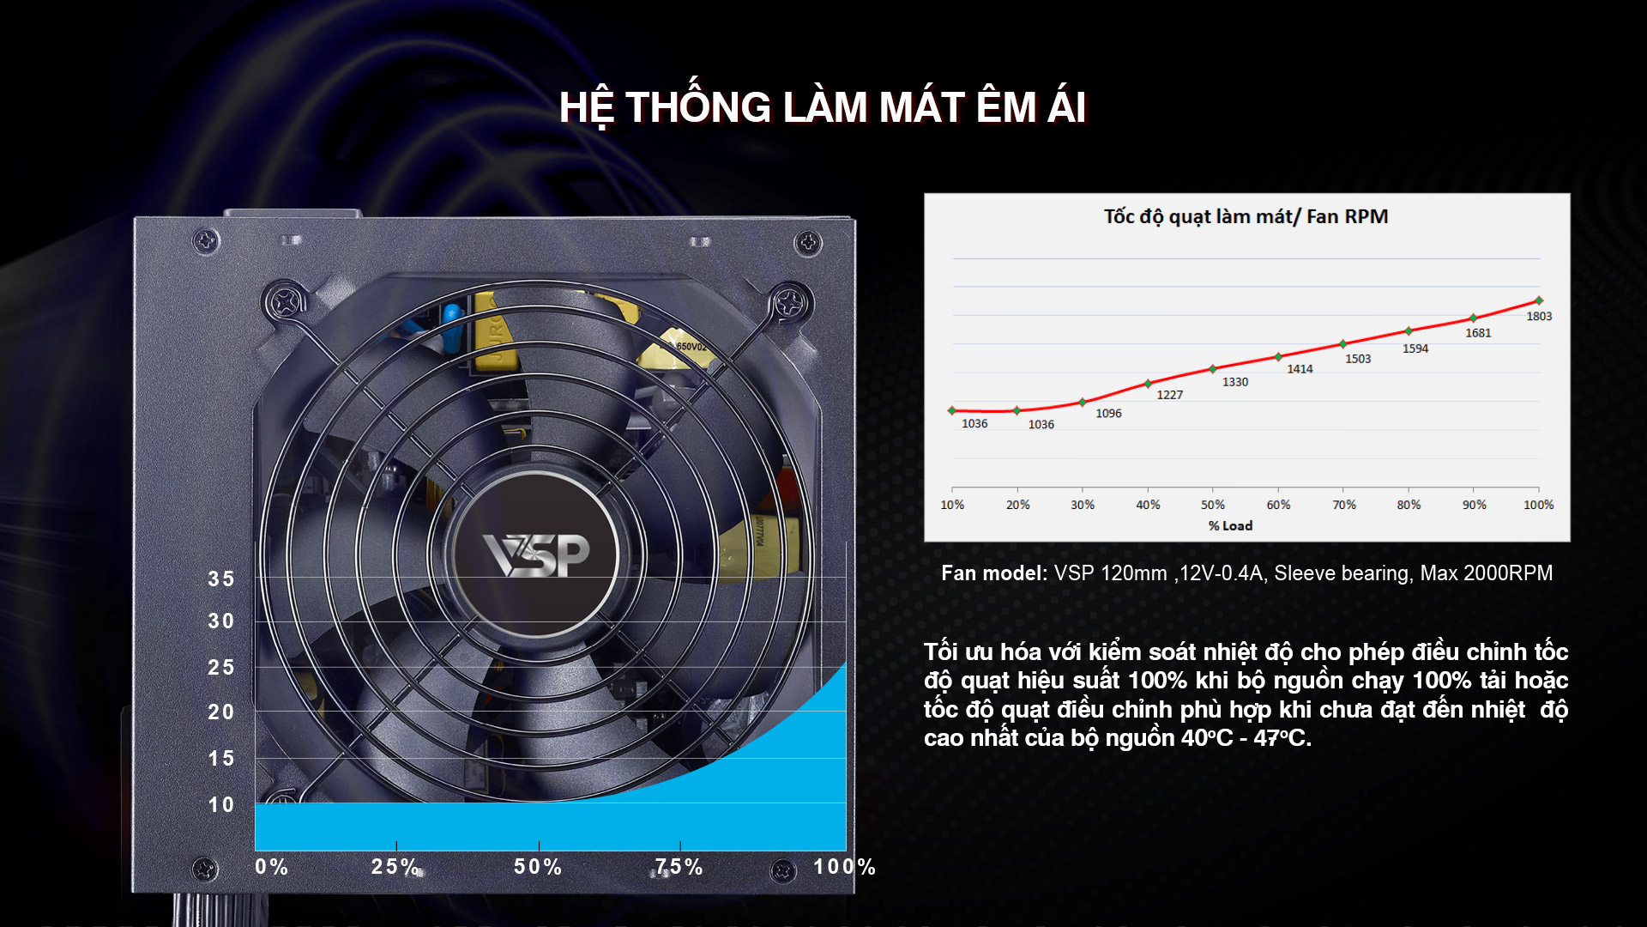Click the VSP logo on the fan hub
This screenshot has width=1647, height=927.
[536, 554]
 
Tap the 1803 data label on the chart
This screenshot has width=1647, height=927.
[1539, 317]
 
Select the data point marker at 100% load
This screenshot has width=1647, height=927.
[1539, 300]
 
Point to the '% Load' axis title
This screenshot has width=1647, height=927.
[1230, 525]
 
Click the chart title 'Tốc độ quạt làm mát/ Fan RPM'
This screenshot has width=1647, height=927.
[1246, 216]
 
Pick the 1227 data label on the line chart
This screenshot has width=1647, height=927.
[1169, 395]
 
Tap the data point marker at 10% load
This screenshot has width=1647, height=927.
[951, 410]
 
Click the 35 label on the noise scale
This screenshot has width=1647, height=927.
[221, 579]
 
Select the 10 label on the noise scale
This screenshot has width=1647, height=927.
[221, 805]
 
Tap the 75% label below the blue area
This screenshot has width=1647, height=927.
[679, 867]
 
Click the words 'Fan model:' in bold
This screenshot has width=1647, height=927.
[994, 573]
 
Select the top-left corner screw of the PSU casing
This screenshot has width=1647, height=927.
[206, 241]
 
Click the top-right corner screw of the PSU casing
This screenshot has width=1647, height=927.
[808, 243]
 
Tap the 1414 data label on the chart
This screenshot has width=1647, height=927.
[1300, 369]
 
